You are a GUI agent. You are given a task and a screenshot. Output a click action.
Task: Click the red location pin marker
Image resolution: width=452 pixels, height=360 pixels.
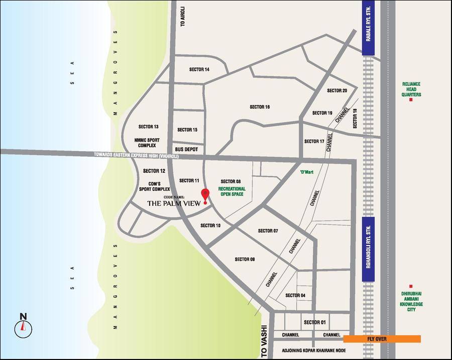(x=205, y=195)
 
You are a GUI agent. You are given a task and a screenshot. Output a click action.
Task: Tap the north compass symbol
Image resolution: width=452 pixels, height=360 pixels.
(x=23, y=327)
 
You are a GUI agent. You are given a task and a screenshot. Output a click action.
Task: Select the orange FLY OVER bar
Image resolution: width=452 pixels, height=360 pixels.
(x=382, y=339)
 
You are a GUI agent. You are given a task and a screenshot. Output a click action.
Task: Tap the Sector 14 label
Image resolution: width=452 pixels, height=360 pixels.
(x=199, y=69)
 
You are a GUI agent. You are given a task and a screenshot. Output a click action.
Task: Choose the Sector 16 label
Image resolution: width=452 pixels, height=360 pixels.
(x=260, y=107)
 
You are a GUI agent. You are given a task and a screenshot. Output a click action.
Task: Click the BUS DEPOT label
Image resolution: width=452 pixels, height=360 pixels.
(x=186, y=150)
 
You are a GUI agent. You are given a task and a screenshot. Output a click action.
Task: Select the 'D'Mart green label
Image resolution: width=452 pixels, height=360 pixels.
(x=306, y=172)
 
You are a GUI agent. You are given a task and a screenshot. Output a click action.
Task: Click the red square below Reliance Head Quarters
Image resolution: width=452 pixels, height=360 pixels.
(x=411, y=100)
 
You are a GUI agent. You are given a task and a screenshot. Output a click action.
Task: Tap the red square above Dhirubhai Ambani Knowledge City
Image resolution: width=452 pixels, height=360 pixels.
(x=411, y=286)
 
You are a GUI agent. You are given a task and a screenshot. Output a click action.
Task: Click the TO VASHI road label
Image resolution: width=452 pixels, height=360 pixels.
(x=265, y=341)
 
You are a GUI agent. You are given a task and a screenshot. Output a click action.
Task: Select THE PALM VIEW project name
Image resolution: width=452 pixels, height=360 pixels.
(x=174, y=203)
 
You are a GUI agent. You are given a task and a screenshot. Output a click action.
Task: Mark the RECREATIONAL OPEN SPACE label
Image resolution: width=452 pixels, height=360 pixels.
(x=231, y=191)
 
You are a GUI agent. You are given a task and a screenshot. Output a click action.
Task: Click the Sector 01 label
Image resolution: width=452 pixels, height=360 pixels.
(x=315, y=322)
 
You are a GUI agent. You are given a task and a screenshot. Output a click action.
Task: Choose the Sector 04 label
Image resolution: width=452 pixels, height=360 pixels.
(x=295, y=295)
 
